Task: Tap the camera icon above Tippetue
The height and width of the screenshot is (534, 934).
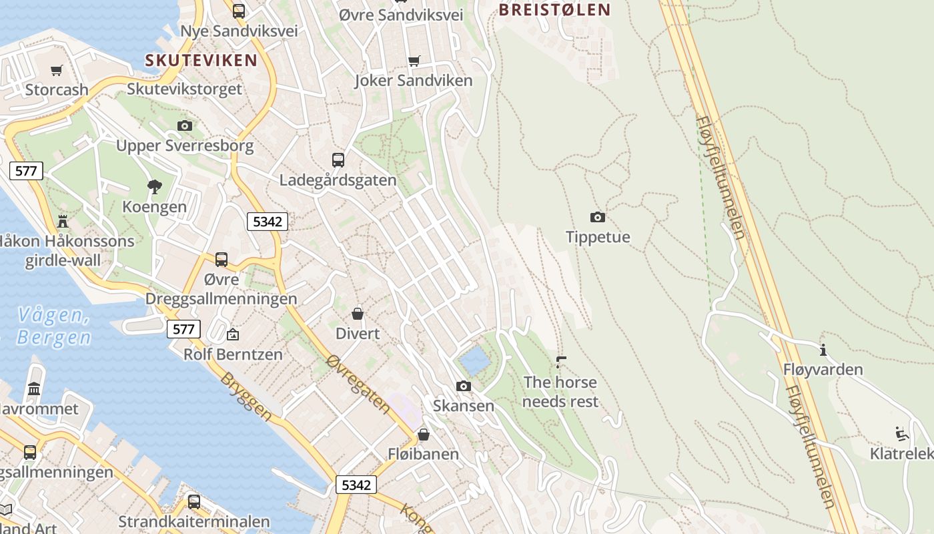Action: [598, 217]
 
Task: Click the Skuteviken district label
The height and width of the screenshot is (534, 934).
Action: [201, 60]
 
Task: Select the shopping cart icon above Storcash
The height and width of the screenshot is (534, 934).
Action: [57, 70]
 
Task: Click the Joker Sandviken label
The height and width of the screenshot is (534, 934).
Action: [414, 81]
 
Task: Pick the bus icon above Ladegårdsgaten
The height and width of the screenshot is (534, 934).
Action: [338, 160]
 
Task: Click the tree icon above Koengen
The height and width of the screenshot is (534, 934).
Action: [155, 187]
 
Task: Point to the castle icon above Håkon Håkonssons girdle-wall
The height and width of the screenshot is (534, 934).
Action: [63, 221]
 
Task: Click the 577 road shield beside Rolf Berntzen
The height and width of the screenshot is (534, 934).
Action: [183, 328]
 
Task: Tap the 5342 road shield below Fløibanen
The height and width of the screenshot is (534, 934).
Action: [356, 485]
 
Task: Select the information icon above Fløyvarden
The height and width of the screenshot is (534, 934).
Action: [823, 350]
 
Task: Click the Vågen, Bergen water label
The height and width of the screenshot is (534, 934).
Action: [54, 326]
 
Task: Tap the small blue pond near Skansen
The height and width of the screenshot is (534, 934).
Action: [475, 361]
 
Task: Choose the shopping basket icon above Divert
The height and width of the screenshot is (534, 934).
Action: [358, 314]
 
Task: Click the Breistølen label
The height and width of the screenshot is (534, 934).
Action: [554, 9]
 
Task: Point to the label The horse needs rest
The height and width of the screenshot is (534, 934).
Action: [560, 392]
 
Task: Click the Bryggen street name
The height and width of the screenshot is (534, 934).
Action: [246, 396]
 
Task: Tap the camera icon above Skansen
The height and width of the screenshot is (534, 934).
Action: [464, 386]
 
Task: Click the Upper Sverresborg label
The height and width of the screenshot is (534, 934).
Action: [185, 146]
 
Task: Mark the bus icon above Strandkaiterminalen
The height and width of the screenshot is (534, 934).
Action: [194, 502]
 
